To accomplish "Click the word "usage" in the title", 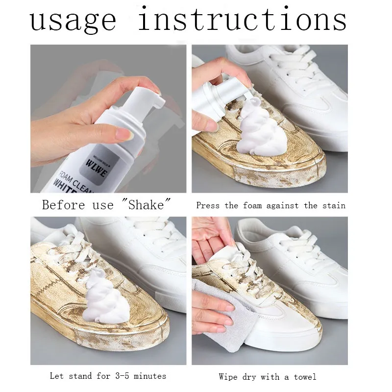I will click(73, 21).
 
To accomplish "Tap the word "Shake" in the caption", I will click(145, 204).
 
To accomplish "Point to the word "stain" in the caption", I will click(333, 205).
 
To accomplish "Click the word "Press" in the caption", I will click(208, 205).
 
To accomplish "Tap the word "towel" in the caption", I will click(305, 376).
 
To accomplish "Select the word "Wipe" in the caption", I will click(228, 376).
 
